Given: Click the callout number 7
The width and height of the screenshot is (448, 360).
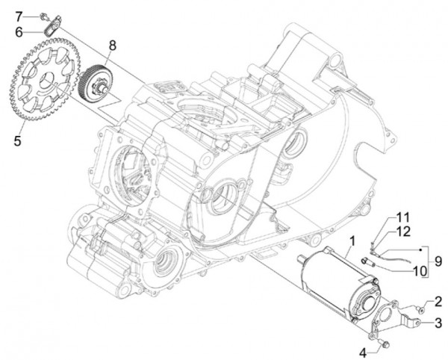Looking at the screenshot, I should pyautogui.click(x=20, y=15).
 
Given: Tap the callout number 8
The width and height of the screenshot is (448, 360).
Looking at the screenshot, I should pyautogui.click(x=111, y=46).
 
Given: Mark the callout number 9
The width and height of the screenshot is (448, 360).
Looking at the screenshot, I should pyautogui.click(x=438, y=261).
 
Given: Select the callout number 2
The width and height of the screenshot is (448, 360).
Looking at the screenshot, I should pyautogui.click(x=438, y=301).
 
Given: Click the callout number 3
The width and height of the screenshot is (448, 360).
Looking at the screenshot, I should pyautogui.click(x=438, y=323).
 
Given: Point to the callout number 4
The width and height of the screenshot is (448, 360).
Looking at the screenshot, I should pyautogui.click(x=364, y=350).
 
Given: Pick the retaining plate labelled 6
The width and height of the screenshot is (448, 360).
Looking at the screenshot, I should pyautogui.click(x=51, y=29).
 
